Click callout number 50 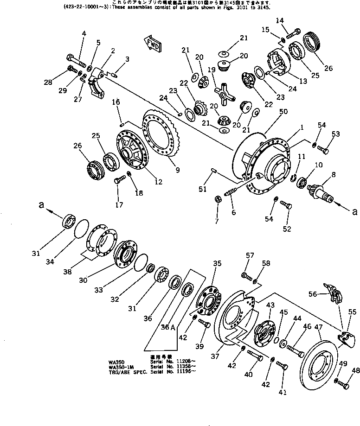tap(283, 112)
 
